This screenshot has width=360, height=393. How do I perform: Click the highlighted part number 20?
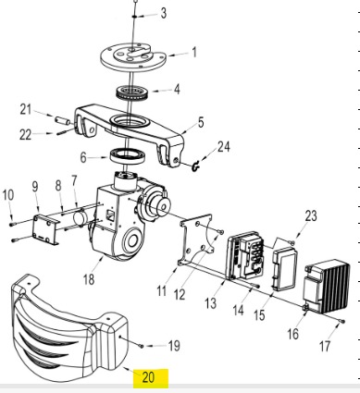tap(148, 377)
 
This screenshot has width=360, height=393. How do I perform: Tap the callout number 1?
tap(194, 52)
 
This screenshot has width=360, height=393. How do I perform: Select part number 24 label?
tap(224, 147)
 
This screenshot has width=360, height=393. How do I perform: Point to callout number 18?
tap(89, 279)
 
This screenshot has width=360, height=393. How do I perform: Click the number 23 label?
tap(311, 215)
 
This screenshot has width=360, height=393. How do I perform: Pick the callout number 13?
tap(211, 303)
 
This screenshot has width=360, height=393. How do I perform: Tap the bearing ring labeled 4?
tap(132, 92)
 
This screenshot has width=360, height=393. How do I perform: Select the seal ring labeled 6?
tap(128, 156)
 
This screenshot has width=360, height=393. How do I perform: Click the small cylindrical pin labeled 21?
tap(63, 120)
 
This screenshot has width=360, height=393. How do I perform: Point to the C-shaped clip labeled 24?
tap(195, 166)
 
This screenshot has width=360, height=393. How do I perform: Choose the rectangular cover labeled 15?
tap(285, 269)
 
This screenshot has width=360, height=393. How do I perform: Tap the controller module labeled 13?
tap(246, 256)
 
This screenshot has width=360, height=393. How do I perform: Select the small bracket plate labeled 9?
tap(46, 230)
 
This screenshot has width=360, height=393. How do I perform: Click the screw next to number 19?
tap(142, 346)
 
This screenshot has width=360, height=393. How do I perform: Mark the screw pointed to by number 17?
tap(342, 322)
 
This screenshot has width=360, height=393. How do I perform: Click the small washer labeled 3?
tap(135, 16)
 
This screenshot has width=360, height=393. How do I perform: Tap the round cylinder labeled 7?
tap(80, 217)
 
